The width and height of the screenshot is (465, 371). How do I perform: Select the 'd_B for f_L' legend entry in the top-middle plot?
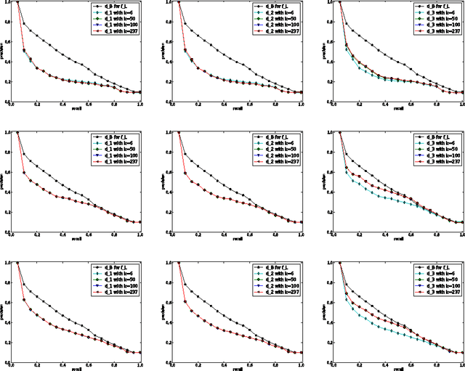tap(276, 7)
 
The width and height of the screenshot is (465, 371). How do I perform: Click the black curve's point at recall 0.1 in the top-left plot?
tap(23, 24)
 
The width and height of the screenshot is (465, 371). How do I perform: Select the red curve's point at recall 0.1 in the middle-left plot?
tap(23, 173)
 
